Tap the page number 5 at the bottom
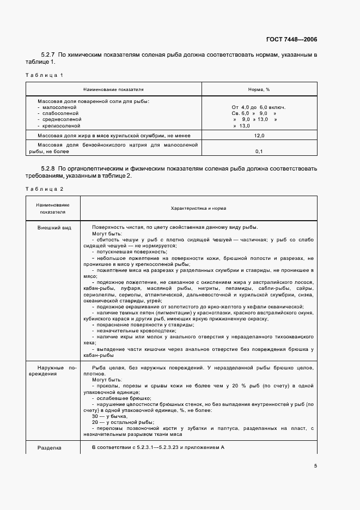(315, 466)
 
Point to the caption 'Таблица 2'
(45, 189)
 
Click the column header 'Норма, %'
(259, 89)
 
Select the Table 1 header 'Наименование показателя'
(113, 89)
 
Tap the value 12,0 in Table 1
(259, 135)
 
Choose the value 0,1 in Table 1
(259, 151)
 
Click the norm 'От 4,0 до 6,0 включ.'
(259, 107)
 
